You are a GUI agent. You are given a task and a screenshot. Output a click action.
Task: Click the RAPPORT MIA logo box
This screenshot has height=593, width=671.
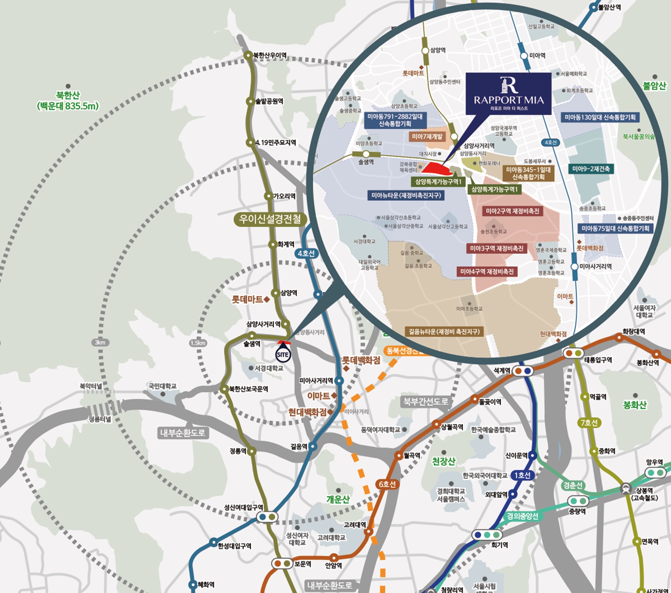pyautogui.click(x=508, y=94)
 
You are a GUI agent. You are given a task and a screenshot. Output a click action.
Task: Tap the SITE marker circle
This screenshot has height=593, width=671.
pyautogui.click(x=283, y=354)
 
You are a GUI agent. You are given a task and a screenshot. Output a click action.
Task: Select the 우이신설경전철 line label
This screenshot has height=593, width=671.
pyautogui.click(x=270, y=219)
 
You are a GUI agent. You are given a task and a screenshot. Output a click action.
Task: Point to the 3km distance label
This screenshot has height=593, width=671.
pyautogui.click(x=100, y=342)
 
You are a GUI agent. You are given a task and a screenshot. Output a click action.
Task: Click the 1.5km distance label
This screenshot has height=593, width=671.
pyautogui.click(x=198, y=343)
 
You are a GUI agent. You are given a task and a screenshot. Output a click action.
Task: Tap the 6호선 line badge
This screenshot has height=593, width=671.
pyautogui.click(x=387, y=484)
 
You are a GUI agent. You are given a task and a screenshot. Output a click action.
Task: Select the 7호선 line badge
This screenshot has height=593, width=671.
pyautogui.click(x=589, y=422)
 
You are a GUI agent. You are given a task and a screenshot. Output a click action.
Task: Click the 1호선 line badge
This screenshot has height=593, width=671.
pyautogui.click(x=523, y=475)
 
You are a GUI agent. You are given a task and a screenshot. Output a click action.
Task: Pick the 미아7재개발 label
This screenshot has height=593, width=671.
pyautogui.click(x=427, y=137)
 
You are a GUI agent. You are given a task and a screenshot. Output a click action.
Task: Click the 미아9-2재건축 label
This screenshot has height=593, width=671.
pyautogui.click(x=591, y=169)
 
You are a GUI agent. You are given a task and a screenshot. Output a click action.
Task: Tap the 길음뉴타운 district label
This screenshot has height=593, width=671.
pyautogui.click(x=444, y=331)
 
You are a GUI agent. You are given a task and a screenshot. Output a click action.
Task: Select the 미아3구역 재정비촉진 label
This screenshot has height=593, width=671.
pyautogui.click(x=496, y=248)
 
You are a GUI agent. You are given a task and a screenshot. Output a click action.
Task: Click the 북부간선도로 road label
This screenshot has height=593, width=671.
pyautogui.click(x=426, y=401)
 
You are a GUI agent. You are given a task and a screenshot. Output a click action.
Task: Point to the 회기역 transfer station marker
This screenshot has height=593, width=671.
pyautogui.click(x=487, y=535)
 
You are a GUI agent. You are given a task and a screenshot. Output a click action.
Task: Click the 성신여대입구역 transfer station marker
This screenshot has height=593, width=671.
pyautogui.click(x=267, y=517)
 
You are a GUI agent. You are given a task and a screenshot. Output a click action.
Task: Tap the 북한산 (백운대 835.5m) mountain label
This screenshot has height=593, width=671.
pyautogui.click(x=68, y=101)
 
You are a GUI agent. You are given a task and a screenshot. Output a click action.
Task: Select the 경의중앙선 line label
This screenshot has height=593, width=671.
pyautogui.click(x=522, y=516)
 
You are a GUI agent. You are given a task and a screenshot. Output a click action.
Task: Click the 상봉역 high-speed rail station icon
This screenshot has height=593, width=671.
pyautogui.click(x=626, y=489)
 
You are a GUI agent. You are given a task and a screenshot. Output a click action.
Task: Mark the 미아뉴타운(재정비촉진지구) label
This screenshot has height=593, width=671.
pyautogui.click(x=406, y=195)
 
